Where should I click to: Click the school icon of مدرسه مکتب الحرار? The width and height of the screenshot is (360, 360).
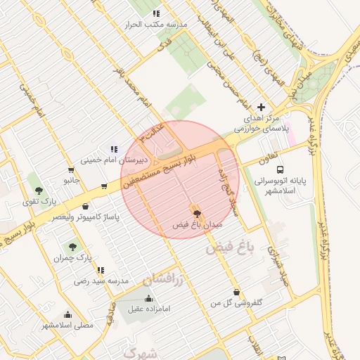point(156,13)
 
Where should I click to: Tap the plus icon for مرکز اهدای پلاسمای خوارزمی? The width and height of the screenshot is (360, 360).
point(262,107)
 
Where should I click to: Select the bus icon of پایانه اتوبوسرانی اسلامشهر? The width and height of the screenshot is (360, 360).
point(281,169)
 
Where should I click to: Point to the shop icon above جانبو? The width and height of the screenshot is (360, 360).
point(71,169)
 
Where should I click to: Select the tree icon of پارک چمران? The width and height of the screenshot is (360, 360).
point(72,247)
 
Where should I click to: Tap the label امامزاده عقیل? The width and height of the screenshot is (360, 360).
point(145,308)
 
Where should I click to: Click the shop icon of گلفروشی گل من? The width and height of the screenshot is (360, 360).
point(236,291)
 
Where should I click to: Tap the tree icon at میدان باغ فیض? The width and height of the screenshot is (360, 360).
point(196,212)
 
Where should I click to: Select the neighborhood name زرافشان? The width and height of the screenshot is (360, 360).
point(163,279)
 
